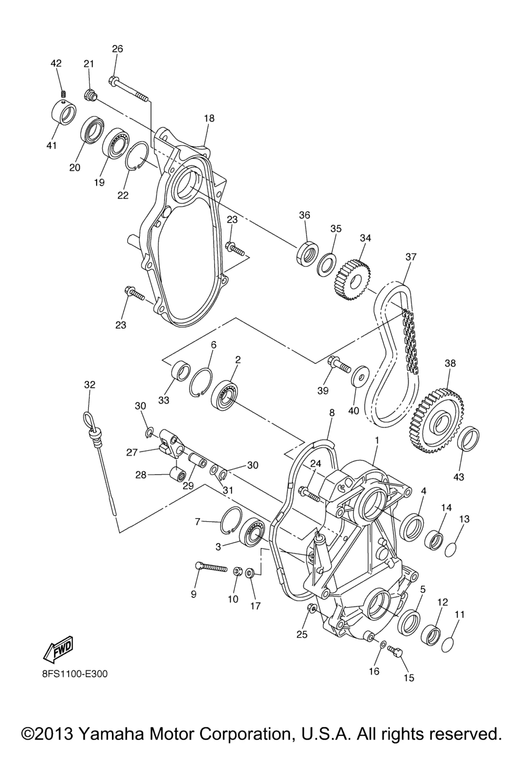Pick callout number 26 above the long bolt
click(x=117, y=48)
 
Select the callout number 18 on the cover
click(x=209, y=118)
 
